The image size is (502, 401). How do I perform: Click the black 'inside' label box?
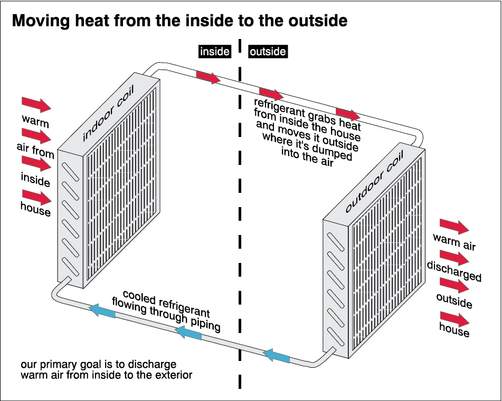coord(214,51)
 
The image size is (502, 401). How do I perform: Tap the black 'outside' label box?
coord(268,51)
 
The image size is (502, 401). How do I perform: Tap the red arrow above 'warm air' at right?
coord(454,226)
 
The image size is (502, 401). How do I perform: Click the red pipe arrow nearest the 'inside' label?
coord(208,77)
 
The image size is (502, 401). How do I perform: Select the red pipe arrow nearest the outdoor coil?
coord(347,114)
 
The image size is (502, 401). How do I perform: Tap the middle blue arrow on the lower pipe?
coord(188,332)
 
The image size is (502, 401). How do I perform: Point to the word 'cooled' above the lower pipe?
coord(138,296)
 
